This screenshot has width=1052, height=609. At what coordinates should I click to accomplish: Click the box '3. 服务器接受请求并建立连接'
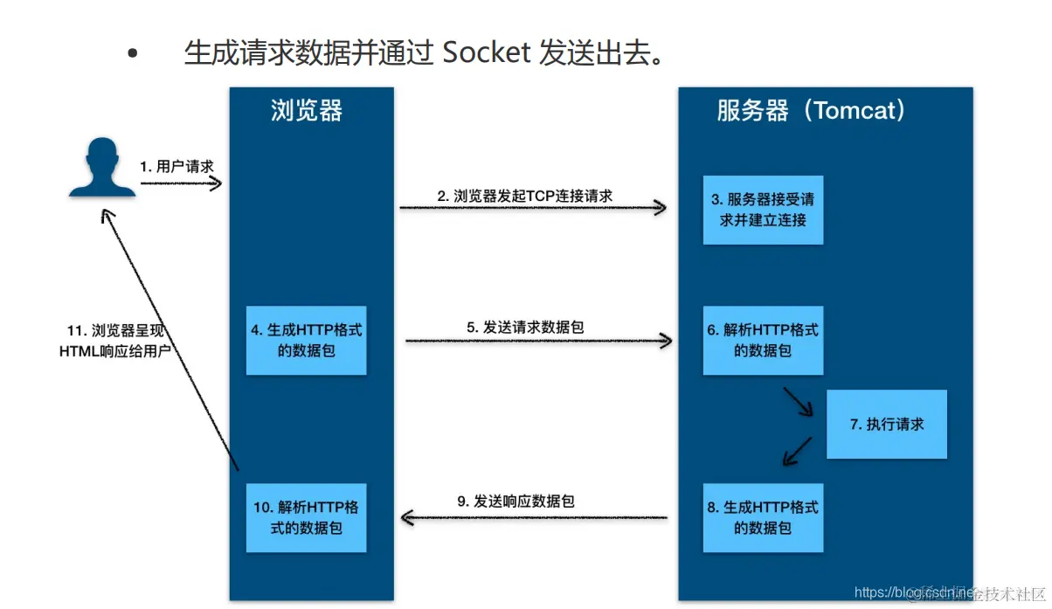(763, 210)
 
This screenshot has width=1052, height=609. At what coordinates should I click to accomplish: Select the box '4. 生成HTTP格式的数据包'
(306, 341)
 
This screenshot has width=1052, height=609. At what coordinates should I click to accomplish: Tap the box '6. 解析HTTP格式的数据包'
(763, 341)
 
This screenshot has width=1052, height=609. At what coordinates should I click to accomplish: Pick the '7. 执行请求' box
(886, 425)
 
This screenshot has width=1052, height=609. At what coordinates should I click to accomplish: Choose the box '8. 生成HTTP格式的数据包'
(763, 517)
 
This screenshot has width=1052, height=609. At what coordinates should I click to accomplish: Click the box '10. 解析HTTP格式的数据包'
(306, 517)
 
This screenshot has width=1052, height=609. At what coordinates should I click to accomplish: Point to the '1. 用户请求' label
(176, 166)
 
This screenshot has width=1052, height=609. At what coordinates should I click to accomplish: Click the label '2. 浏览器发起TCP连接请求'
(525, 196)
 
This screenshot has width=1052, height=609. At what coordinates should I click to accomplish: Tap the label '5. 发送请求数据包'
(525, 327)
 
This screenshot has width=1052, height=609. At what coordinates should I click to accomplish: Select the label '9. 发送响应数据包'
(516, 502)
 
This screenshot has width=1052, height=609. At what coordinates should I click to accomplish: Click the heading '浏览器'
(307, 111)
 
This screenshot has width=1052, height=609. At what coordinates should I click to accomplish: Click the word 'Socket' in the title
(487, 53)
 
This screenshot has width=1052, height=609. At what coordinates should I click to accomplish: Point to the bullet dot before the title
(133, 54)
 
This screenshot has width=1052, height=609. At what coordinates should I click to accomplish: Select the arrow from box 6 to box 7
(799, 404)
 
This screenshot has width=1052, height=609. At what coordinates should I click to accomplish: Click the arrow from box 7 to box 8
(800, 451)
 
